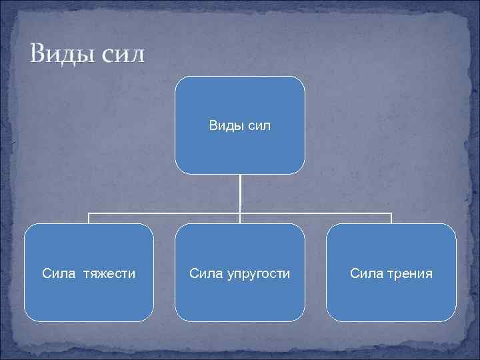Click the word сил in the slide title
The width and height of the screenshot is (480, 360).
[x=122, y=54]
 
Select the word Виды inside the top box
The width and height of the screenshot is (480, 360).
[x=223, y=125]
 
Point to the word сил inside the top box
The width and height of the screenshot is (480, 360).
[x=258, y=125]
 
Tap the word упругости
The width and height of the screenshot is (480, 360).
[x=259, y=274]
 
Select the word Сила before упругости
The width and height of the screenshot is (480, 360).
[x=205, y=273]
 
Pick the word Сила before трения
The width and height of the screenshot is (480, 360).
[x=366, y=273]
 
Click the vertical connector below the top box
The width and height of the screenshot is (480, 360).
[x=240, y=193]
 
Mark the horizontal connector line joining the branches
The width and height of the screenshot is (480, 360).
[x=167, y=213]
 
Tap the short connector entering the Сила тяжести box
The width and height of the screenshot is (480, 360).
[x=89, y=219]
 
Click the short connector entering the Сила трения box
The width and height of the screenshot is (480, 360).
[x=391, y=219]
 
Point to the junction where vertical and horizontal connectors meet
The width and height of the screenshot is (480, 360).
[x=240, y=213]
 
